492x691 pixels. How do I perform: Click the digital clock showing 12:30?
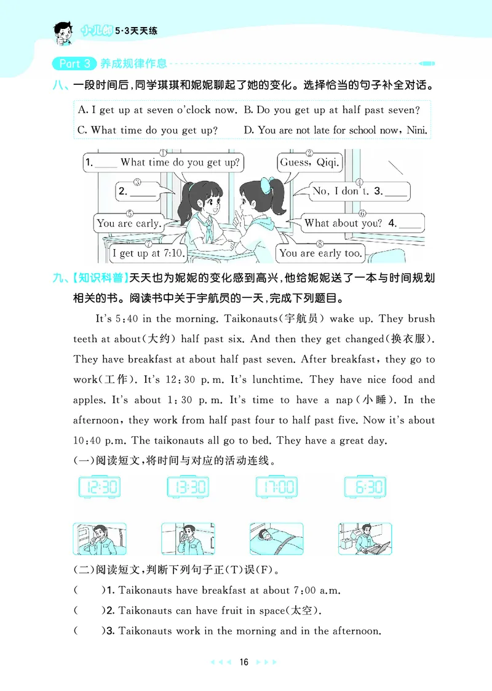[100, 487]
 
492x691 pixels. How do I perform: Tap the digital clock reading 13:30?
[188, 487]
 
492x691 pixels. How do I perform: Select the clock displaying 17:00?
[276, 487]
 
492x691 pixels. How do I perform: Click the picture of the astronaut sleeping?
[276, 539]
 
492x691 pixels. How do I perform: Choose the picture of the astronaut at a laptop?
[365, 539]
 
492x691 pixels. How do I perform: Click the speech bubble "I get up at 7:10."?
[140, 253]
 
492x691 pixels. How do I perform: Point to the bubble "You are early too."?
[320, 253]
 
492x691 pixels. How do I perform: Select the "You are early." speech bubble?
[128, 223]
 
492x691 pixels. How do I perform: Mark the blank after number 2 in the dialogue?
[144, 191]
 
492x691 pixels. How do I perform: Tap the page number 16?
[244, 662]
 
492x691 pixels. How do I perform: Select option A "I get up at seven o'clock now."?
[157, 110]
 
